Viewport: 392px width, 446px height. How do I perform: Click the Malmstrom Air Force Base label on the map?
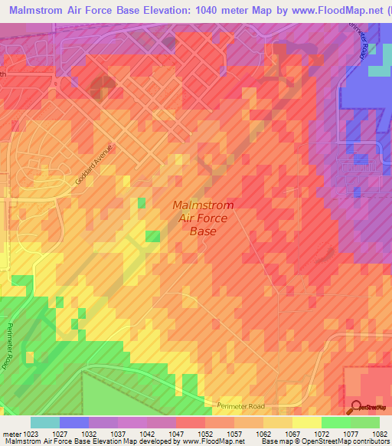203,218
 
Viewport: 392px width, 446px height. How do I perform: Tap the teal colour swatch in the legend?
44,422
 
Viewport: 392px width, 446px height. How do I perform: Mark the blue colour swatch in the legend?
74,422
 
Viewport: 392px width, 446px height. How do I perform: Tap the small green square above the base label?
142,202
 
